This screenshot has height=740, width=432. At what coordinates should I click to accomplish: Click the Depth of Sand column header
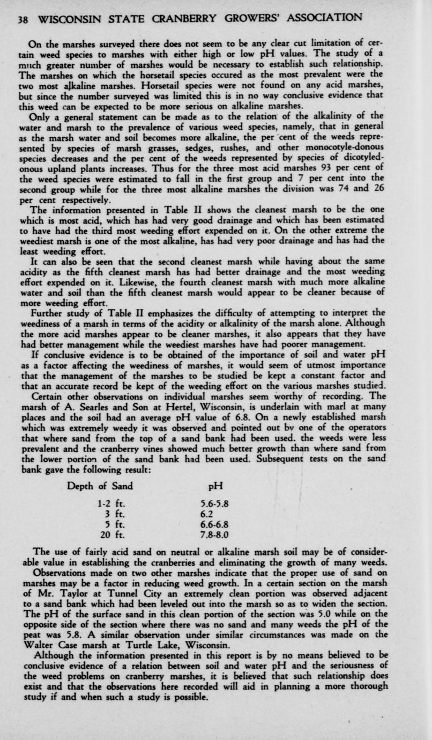[100, 486]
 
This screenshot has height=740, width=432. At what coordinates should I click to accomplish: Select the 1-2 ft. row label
[112, 504]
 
